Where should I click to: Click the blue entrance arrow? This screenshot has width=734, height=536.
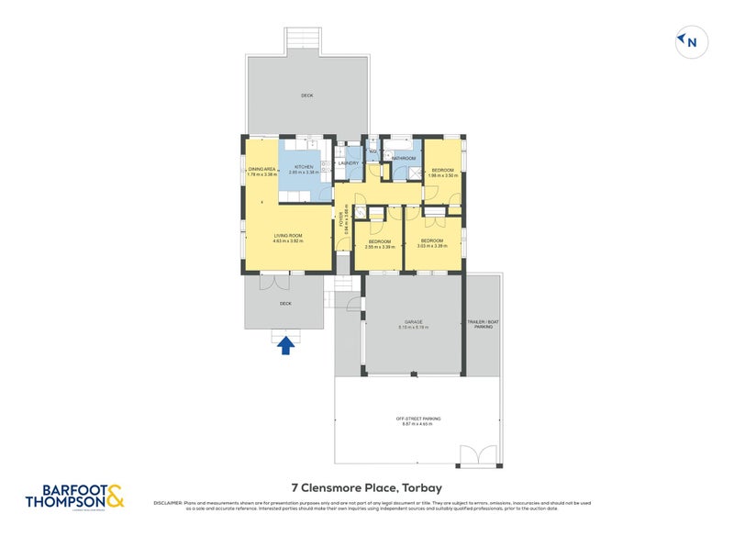click(285, 344)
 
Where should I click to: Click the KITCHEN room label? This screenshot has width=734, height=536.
click(303, 167)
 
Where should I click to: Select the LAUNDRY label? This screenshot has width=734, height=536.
click(348, 163)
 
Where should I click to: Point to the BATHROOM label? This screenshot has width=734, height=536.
click(404, 159)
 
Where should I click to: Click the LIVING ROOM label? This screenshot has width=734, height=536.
click(287, 236)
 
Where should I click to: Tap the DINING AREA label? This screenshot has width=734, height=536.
click(261, 170)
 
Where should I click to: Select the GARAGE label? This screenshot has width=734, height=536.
click(413, 322)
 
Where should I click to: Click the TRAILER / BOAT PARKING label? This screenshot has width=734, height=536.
click(483, 324)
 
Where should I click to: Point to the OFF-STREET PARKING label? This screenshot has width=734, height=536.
click(417, 419)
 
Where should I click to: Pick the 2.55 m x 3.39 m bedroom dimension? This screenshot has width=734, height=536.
click(379, 247)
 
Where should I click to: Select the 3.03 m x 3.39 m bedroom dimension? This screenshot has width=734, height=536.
click(433, 247)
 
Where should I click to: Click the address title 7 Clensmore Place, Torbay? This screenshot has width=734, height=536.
click(367, 488)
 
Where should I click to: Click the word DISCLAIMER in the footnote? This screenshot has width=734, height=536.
click(170, 503)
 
